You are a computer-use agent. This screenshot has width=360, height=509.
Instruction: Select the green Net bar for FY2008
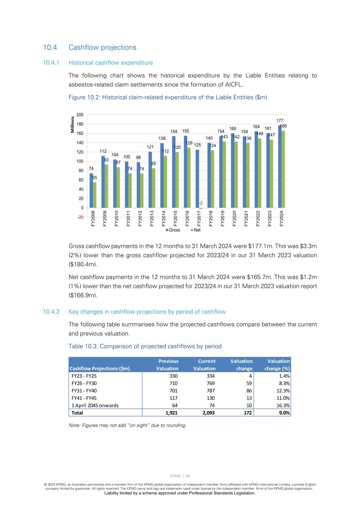[x=95, y=195]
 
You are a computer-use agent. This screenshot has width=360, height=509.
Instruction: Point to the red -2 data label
[x=200, y=203]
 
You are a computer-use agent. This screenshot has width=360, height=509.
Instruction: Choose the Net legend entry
[x=195, y=230]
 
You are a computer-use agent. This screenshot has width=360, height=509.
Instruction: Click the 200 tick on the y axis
[x=80, y=115]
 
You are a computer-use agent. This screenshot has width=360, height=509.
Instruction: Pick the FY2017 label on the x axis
[x=199, y=219]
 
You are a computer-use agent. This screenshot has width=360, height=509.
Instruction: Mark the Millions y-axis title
[x=73, y=125]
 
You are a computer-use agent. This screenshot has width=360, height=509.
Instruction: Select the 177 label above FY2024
[x=280, y=121]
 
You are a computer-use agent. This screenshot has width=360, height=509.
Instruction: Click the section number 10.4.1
[x=51, y=63]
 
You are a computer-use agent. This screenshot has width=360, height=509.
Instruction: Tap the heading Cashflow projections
[x=102, y=47]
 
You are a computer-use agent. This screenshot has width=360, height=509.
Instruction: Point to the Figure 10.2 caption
[x=168, y=97]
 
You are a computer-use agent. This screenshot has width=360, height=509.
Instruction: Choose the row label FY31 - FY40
[x=84, y=391]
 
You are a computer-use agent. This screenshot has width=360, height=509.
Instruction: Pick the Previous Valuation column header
[x=168, y=365]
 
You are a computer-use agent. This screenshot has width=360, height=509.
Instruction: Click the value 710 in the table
[x=173, y=383]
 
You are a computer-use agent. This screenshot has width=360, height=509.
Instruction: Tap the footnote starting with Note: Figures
[x=127, y=425]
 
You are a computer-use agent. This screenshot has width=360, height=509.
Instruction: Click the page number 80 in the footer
[x=188, y=476]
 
